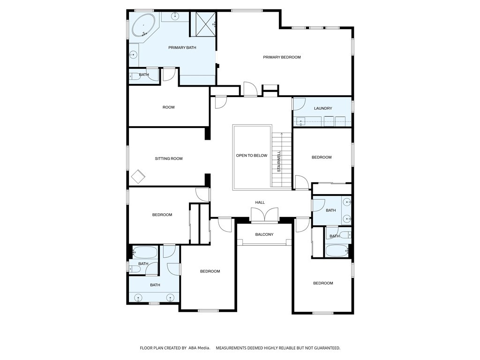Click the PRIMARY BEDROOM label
pos(282,57)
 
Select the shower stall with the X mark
pos(203,23)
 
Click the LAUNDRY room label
pos(323,108)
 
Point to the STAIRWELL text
pos(279,161)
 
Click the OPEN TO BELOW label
pos(252,156)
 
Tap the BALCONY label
pos(264,234)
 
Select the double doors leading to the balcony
pos(264,215)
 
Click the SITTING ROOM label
pos(169,159)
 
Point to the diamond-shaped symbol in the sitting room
pos(138,177)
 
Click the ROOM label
pos(168,107)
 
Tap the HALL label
pos(260,202)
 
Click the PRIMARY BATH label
pos(182,48)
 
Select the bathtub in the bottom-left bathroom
pos(145,252)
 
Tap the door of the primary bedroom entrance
pos(250,90)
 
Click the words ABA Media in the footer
pos(199,348)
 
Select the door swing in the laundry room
pos(299,104)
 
